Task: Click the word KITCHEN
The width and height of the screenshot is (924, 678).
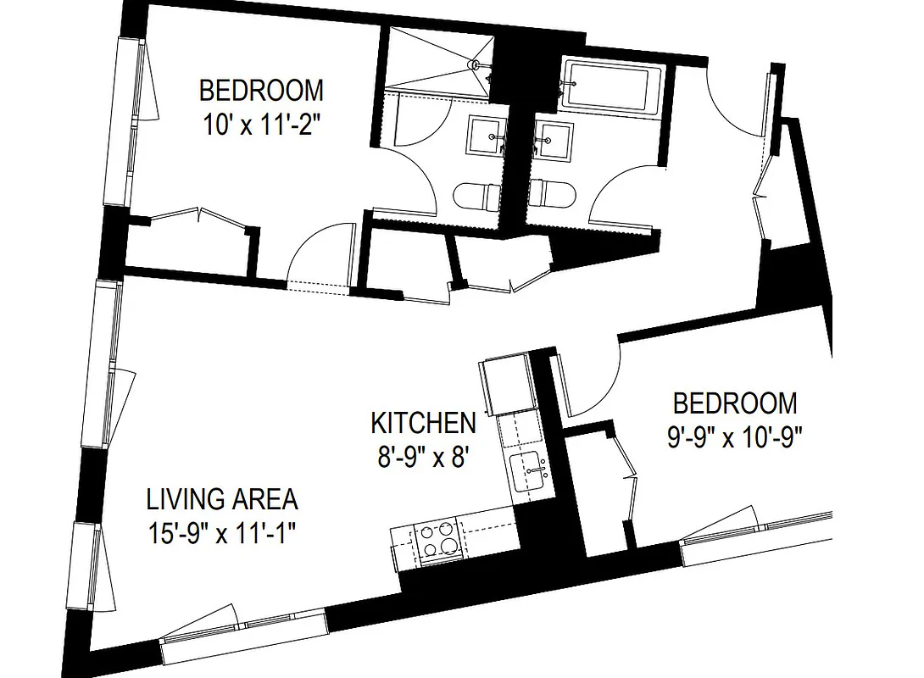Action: [x=423, y=422]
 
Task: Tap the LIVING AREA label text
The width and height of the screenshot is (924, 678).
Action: [x=222, y=498]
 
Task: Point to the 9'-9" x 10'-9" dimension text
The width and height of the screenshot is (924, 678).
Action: [x=734, y=438]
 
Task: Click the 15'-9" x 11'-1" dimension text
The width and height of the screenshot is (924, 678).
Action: [x=224, y=534]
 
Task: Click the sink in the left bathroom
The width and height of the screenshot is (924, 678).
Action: [x=485, y=136]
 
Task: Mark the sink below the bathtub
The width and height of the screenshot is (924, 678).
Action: [x=553, y=137]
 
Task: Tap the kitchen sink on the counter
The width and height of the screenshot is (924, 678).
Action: [x=530, y=472]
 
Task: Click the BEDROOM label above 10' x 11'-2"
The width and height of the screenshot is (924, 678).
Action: [x=261, y=89]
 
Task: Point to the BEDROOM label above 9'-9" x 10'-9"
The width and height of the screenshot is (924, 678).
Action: [x=734, y=402]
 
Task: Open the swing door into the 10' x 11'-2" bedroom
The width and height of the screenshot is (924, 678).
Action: [x=322, y=254]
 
